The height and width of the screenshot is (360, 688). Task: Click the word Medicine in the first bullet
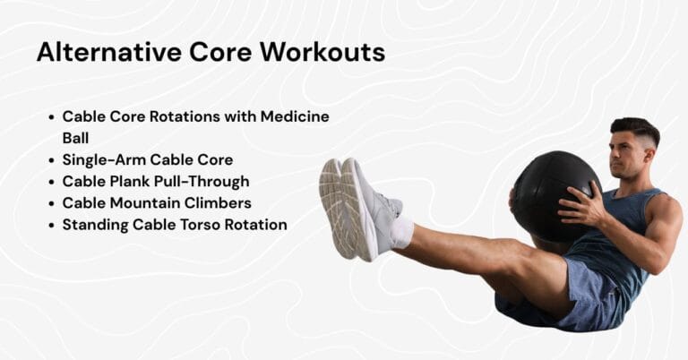tap(296, 116)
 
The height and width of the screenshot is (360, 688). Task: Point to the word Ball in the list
tap(76, 138)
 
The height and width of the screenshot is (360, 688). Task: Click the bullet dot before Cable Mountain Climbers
tap(52, 203)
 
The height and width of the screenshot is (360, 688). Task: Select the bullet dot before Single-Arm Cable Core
tap(52, 160)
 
